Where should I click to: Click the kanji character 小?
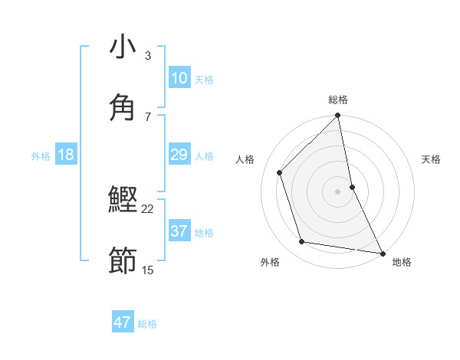click(123, 47)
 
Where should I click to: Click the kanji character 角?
click(123, 108)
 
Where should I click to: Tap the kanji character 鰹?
click(123, 201)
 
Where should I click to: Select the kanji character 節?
click(123, 261)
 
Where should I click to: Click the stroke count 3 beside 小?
click(147, 55)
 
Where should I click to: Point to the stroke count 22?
click(147, 208)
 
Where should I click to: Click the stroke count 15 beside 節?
click(147, 270)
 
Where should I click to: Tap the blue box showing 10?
click(179, 78)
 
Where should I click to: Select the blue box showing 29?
click(179, 155)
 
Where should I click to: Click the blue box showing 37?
click(179, 231)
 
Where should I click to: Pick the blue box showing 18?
click(66, 155)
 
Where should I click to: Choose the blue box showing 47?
click(123, 322)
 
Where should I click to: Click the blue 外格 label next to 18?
click(41, 155)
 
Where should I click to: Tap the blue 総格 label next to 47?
click(147, 324)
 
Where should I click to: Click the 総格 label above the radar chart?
click(338, 100)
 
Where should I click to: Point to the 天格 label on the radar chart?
click(432, 159)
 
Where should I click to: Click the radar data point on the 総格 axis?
click(338, 116)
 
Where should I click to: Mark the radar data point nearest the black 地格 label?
click(382, 252)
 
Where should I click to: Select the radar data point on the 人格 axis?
click(280, 172)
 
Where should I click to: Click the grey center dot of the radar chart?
click(338, 191)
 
